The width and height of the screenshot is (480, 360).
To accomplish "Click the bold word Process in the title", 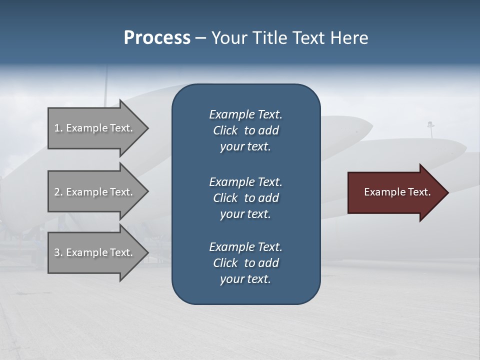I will point(157,38).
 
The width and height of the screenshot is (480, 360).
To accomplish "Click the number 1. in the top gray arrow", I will point(58,128).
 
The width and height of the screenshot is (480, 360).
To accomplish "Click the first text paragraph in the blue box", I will point(245,130).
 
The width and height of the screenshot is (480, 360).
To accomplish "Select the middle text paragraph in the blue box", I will point(245,198).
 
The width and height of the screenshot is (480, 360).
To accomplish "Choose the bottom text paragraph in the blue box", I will point(245,263).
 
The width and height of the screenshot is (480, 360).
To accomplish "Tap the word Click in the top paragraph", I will point(225,130).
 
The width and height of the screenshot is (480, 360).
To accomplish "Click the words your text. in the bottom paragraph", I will point(245,279).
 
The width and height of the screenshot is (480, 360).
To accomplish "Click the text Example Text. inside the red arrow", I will point(397,192).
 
